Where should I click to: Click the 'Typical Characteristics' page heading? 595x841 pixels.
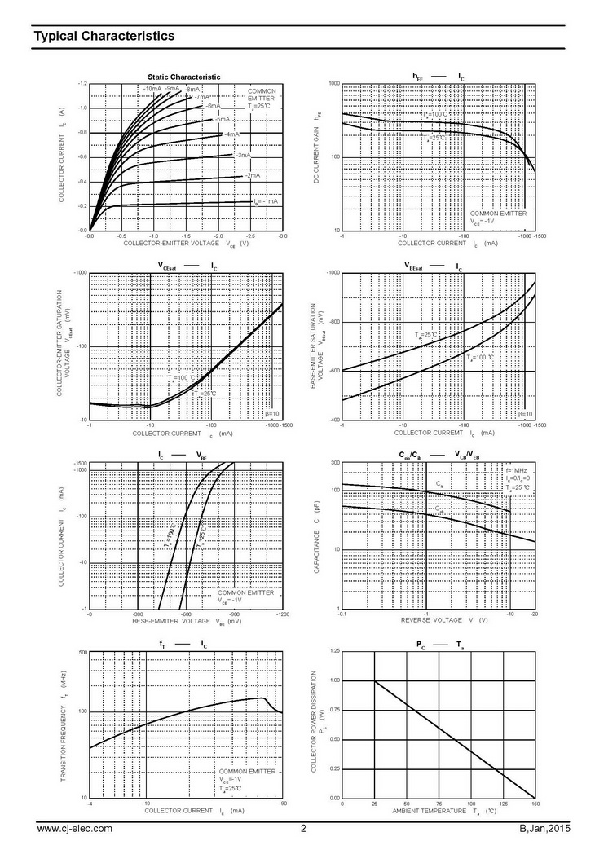(104, 37)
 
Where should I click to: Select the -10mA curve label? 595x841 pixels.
(152, 88)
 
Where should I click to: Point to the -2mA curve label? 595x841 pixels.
(253, 175)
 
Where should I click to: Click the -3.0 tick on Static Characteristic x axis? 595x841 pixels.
(282, 236)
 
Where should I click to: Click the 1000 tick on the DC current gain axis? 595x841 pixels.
(333, 84)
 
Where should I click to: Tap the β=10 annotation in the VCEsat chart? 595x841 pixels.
(272, 414)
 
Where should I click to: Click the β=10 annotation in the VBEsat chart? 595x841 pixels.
(526, 414)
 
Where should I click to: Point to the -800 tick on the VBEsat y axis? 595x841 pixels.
(333, 322)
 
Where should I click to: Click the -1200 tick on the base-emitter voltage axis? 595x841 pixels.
(282, 614)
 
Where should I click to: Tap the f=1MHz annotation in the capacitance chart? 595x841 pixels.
(518, 470)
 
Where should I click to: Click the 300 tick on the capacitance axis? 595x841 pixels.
(334, 463)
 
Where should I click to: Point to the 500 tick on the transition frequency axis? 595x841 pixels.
(82, 653)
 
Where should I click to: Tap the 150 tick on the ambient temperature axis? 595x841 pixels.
(535, 804)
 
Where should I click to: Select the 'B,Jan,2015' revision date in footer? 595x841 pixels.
(545, 829)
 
